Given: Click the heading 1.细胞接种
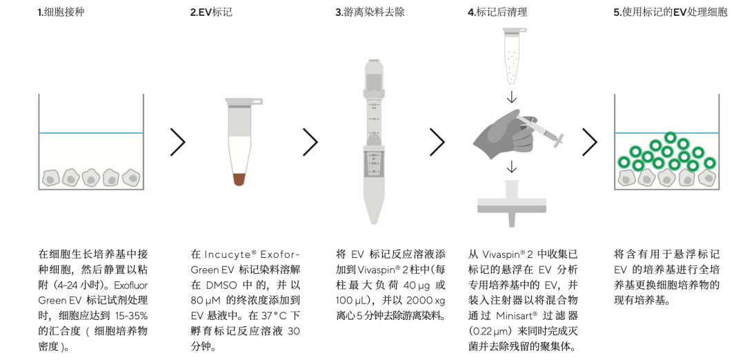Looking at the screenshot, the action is [61, 12].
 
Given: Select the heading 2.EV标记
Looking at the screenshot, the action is [212, 12].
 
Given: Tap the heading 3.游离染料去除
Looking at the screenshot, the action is [370, 12].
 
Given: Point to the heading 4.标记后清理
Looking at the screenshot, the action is [497, 12].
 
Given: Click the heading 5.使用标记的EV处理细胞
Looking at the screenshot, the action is [670, 12].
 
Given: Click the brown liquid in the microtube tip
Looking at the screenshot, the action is [239, 179].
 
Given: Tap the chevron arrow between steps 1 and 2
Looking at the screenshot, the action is [178, 142].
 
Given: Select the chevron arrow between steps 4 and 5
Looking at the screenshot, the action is [590, 142].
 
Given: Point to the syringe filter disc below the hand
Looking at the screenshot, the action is [511, 204].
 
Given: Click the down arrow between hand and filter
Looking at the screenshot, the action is [512, 167].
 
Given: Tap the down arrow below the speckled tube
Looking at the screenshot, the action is [512, 97].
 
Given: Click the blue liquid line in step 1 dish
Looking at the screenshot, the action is [91, 133].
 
